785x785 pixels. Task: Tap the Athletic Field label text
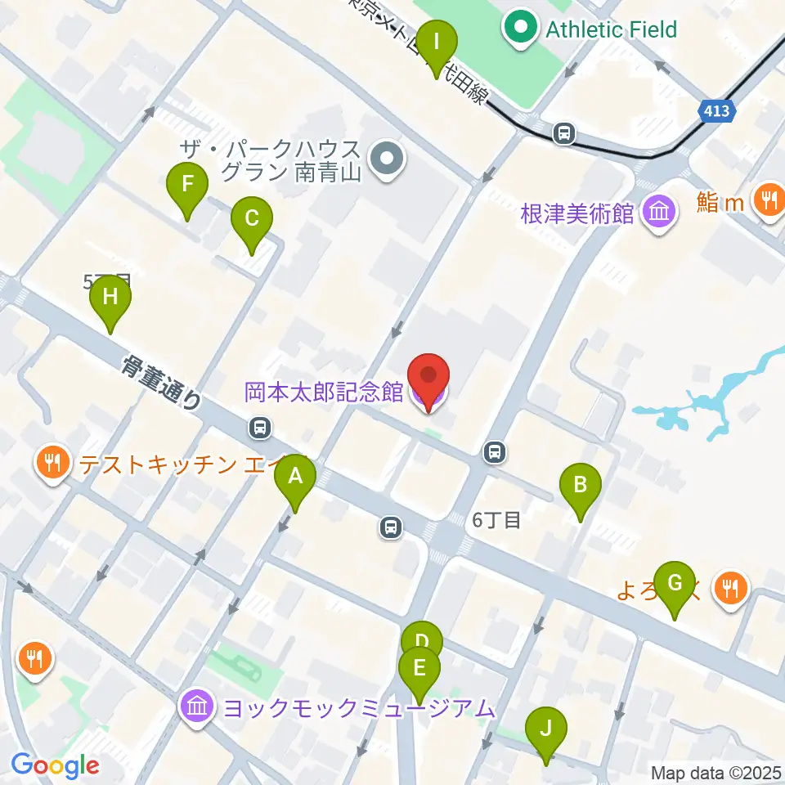click(x=612, y=30)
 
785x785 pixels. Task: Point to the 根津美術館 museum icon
click(x=659, y=213)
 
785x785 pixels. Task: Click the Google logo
click(x=56, y=766)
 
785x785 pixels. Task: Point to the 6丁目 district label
click(x=496, y=520)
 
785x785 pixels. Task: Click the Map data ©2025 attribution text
click(x=715, y=772)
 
